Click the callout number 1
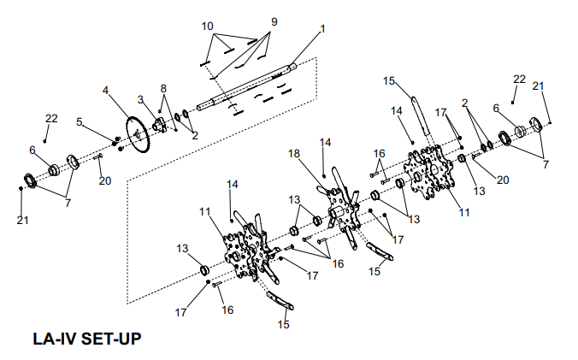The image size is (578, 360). pyautogui.click(x=322, y=29)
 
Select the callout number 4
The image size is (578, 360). pyautogui.click(x=106, y=89)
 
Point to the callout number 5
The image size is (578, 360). pyautogui.click(x=80, y=122)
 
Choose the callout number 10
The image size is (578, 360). pyautogui.click(x=208, y=27)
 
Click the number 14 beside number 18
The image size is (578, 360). pyautogui.click(x=324, y=141)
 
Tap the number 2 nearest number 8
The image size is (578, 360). pyautogui.click(x=194, y=135)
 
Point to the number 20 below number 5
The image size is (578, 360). pyautogui.click(x=103, y=180)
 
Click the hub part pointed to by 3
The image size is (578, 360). pyautogui.click(x=159, y=127)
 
